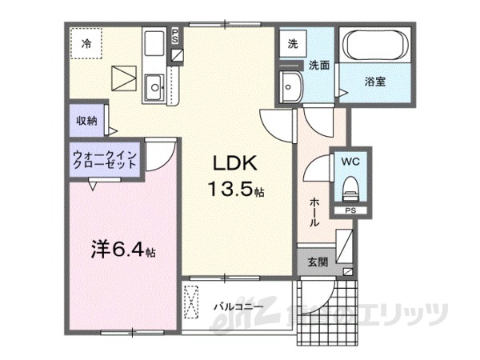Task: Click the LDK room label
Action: coord(234,163)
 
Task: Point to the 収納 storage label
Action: coord(86,121)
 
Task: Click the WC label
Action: coord(350,161)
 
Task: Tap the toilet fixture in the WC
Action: coord(350,189)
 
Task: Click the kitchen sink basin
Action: coord(154,83)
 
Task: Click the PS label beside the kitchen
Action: coord(176,35)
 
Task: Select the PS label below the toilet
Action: coord(350,210)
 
